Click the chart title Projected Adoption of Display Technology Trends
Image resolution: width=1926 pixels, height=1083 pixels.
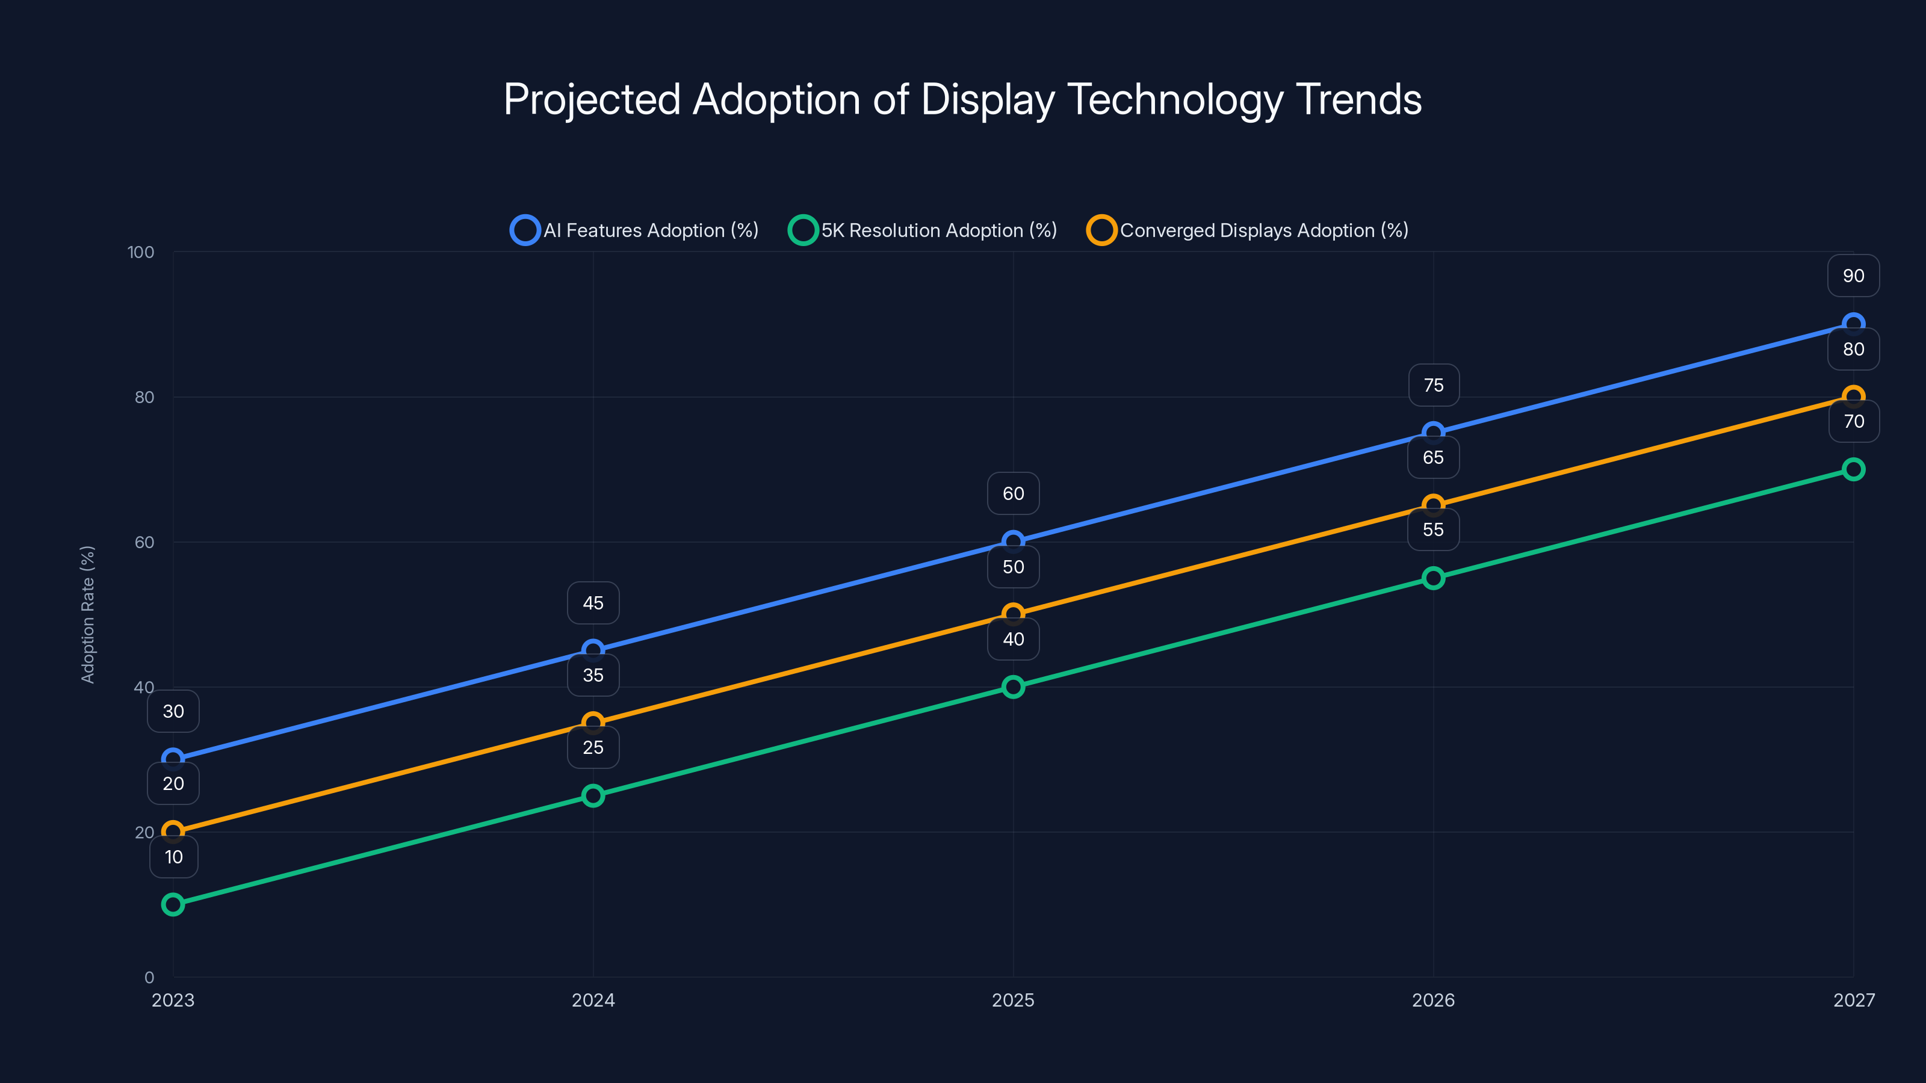coord(962,99)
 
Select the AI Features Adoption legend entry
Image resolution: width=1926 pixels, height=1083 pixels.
coord(635,230)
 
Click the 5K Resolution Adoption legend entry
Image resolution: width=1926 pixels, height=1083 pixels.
coord(923,230)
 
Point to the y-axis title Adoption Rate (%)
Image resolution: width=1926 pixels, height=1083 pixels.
coord(87,614)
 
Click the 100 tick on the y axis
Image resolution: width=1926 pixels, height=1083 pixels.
coord(141,252)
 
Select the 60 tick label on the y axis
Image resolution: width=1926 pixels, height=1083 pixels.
coord(144,542)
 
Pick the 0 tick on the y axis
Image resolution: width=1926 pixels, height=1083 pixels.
coord(149,977)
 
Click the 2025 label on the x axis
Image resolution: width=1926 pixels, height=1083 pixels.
coord(1013,1000)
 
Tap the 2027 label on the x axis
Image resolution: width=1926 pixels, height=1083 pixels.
coord(1854,1000)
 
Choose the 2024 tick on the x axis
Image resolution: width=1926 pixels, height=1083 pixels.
coord(593,1000)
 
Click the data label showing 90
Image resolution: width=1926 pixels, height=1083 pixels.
coord(1854,276)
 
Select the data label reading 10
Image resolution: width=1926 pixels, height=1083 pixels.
coord(173,857)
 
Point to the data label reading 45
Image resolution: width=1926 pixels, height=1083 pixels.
coord(593,603)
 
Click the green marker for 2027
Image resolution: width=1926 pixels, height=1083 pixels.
coord(1854,469)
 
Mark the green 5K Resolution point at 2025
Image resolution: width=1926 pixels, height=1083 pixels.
coord(1013,687)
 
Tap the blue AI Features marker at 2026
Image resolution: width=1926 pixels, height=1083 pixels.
coord(1433,433)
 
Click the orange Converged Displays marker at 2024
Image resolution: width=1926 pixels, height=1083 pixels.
coord(593,723)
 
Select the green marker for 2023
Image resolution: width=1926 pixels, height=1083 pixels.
coord(173,904)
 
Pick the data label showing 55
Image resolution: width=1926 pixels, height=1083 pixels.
coord(1433,530)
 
